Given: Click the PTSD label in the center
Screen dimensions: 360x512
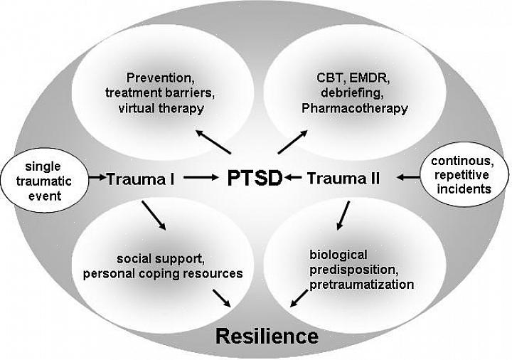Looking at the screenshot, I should click(x=254, y=178).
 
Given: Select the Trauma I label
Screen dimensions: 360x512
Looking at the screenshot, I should click(x=141, y=179).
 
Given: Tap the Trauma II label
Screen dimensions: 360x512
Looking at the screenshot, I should click(x=343, y=179).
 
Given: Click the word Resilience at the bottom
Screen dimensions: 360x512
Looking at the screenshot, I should click(x=267, y=335).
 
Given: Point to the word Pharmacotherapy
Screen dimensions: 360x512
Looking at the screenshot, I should click(x=354, y=109).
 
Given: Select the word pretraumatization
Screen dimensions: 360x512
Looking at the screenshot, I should click(x=361, y=285).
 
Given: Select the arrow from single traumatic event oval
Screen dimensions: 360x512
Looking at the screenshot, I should click(x=97, y=179).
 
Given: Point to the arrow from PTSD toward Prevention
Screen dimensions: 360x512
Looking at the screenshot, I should click(x=213, y=142).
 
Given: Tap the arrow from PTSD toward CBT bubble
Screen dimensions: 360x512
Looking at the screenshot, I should click(x=292, y=141).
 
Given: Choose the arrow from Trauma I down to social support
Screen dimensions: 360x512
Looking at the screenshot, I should click(x=154, y=215).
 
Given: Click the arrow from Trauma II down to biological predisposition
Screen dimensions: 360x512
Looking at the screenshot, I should click(x=343, y=214).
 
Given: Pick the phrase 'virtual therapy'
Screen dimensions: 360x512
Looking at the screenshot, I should click(x=161, y=109).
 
